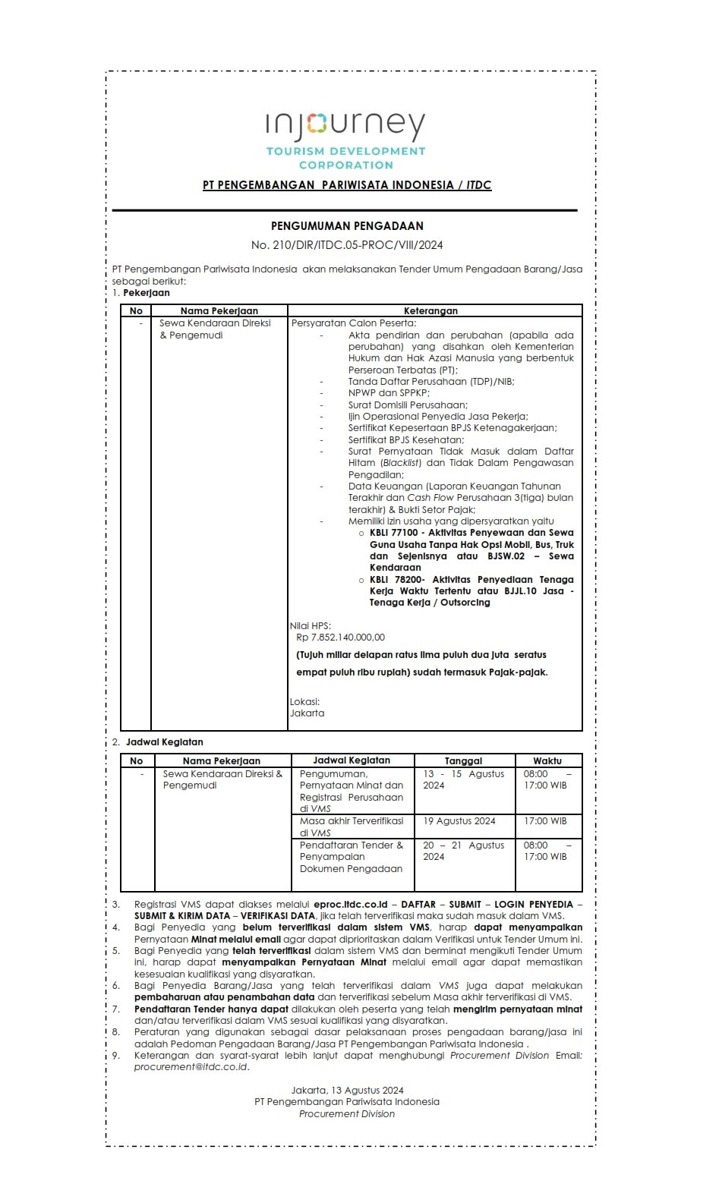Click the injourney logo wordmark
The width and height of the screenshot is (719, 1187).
pyautogui.click(x=345, y=126)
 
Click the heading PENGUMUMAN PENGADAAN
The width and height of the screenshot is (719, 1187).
pyautogui.click(x=347, y=225)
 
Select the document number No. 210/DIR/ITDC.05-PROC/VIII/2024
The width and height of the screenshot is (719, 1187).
pyautogui.click(x=347, y=245)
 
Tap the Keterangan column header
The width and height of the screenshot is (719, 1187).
pyautogui.click(x=430, y=310)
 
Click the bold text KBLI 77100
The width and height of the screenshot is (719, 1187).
pyautogui.click(x=395, y=533)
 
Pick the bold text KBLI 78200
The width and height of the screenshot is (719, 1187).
pyautogui.click(x=395, y=580)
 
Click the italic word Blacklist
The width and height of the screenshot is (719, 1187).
pyautogui.click(x=401, y=463)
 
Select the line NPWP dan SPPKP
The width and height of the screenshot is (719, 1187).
pyautogui.click(x=389, y=393)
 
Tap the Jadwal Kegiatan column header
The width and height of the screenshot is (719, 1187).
pyautogui.click(x=352, y=760)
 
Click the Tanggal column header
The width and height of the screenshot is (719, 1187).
pyautogui.click(x=463, y=760)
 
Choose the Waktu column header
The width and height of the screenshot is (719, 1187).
pyautogui.click(x=547, y=760)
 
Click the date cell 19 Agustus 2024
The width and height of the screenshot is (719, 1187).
pyautogui.click(x=459, y=821)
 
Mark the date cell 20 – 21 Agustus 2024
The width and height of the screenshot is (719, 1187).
pyautogui.click(x=463, y=851)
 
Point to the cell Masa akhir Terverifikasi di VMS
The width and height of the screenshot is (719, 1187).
pyautogui.click(x=352, y=826)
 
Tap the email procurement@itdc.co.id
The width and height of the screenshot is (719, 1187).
pyautogui.click(x=191, y=1067)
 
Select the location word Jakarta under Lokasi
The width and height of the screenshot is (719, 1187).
pyautogui.click(x=307, y=713)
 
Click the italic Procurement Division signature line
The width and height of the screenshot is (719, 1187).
pyautogui.click(x=347, y=1114)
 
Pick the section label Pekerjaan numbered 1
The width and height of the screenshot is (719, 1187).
pyautogui.click(x=147, y=293)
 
